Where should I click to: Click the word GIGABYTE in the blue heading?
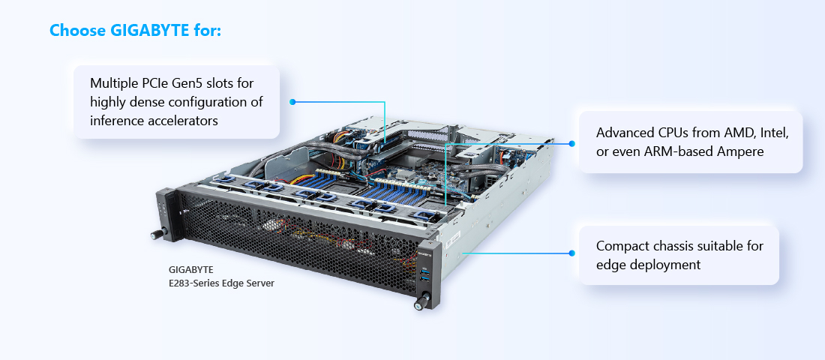coord(149,30)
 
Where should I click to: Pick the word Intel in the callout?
coord(775,133)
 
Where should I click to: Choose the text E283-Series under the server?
coord(191,283)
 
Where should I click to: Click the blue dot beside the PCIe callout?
coord(292,101)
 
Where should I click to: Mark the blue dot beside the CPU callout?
coord(572,143)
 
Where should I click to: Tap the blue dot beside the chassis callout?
coord(572,253)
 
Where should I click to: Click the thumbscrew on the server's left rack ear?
coord(156,234)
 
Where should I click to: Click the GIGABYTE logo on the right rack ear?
coord(424,252)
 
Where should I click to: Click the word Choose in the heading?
coord(77,30)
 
